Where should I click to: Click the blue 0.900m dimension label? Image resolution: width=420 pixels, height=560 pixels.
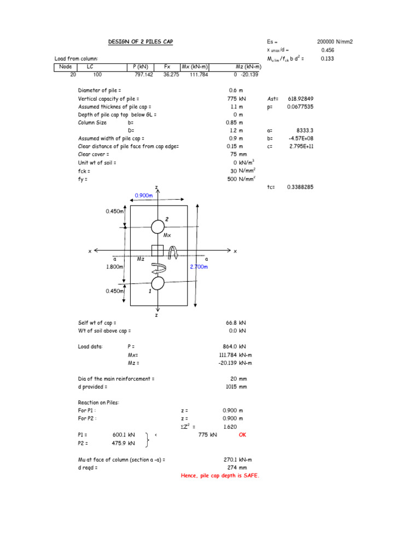[145, 195]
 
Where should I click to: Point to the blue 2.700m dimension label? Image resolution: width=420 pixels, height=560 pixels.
[199, 266]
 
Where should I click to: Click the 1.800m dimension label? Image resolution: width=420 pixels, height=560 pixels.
[116, 266]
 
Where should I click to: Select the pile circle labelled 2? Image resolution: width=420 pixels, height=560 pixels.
[157, 226]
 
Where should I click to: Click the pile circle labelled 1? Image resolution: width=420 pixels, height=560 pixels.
[157, 283]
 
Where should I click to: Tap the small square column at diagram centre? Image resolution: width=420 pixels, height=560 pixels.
[157, 250]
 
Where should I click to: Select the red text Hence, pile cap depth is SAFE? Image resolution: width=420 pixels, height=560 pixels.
[220, 476]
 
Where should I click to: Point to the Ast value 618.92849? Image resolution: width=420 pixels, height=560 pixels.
[300, 99]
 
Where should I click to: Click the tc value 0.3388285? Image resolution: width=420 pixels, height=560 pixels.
[300, 187]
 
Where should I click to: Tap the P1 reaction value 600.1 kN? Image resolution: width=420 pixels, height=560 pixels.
[123, 435]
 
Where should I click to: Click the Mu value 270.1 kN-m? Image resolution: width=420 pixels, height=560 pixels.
[237, 460]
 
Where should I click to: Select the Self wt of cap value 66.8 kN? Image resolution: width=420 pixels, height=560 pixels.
[235, 323]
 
